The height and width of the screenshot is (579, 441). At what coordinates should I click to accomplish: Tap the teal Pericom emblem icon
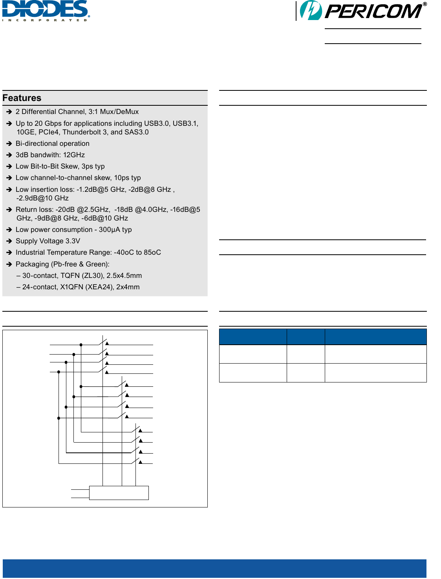[x=311, y=11]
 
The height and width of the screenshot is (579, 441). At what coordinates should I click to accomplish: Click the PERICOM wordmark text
[x=373, y=11]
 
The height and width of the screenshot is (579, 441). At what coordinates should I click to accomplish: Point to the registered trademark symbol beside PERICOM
[x=425, y=4]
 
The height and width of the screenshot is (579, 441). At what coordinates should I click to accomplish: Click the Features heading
[x=22, y=98]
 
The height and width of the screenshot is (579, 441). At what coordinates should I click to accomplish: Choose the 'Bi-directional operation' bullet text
[x=53, y=143]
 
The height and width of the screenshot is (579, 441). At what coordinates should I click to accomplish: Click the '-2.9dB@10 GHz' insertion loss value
[x=42, y=198]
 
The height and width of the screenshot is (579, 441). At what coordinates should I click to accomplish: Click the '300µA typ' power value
[x=115, y=230]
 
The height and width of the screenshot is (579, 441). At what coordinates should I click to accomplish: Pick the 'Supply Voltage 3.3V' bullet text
[x=48, y=241]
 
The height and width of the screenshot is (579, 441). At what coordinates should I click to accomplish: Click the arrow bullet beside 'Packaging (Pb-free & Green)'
[x=9, y=264]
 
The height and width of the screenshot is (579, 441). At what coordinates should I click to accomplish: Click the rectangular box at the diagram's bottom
[x=119, y=493]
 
